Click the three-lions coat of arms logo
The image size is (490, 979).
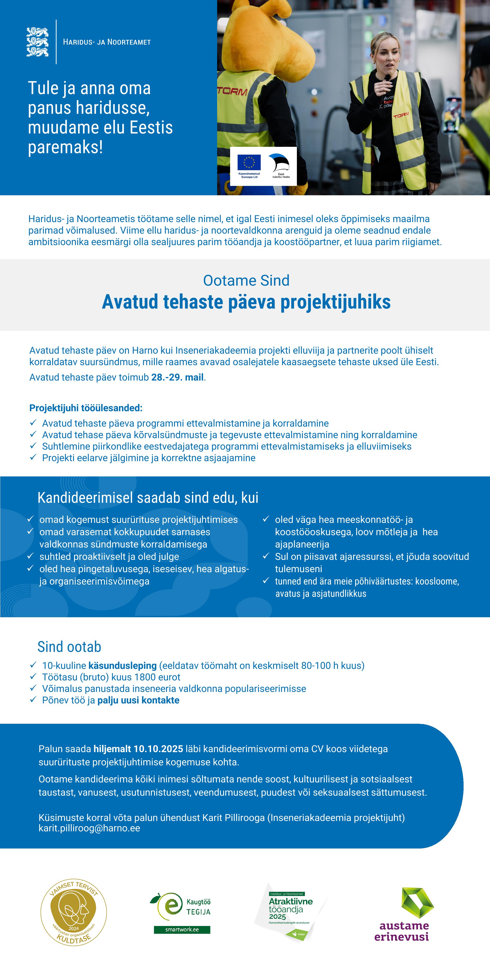click(x=37, y=42)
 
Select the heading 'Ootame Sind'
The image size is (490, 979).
click(x=246, y=280)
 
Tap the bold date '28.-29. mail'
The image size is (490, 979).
click(x=177, y=377)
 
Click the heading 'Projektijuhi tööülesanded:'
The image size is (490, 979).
click(x=86, y=408)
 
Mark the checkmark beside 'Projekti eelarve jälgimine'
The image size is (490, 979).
click(x=33, y=457)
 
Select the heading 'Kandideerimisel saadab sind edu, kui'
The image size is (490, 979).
click(x=148, y=498)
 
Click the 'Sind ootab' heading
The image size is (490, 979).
click(x=69, y=647)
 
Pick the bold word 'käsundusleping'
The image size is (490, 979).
click(x=122, y=666)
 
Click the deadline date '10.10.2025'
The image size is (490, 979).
click(x=158, y=749)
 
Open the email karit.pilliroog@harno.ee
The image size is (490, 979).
click(x=89, y=829)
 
